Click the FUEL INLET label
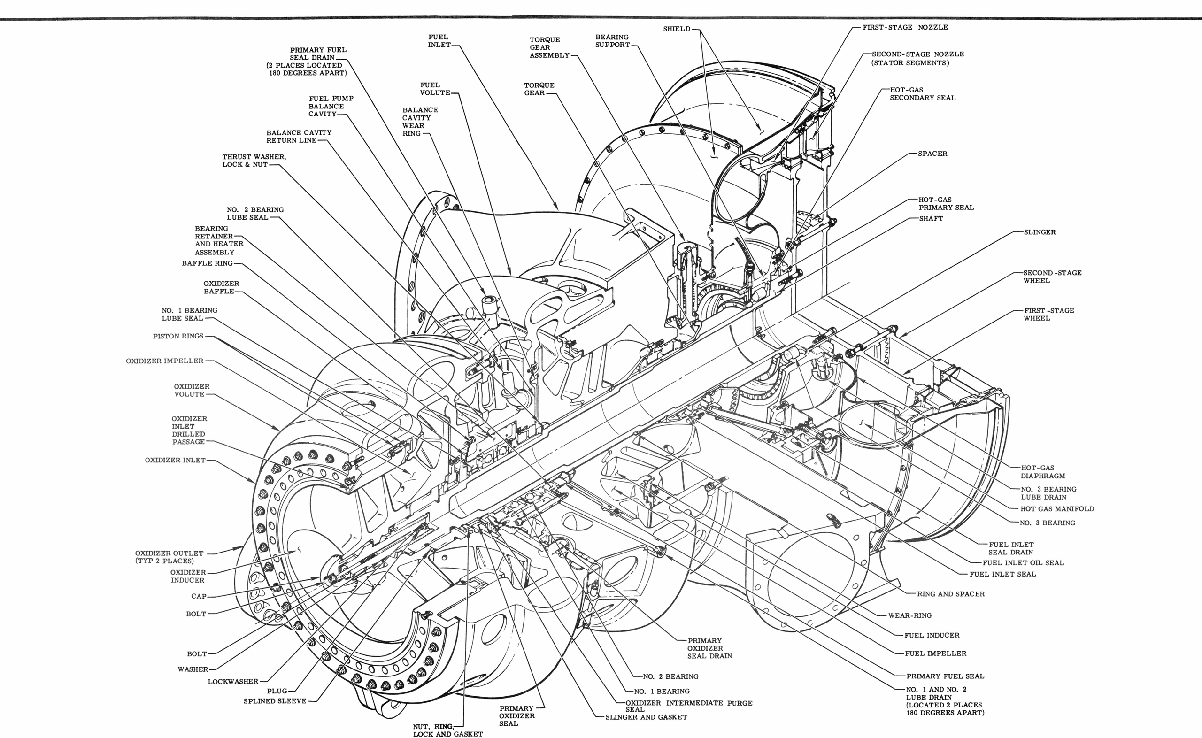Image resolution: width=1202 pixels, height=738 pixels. point(438,41)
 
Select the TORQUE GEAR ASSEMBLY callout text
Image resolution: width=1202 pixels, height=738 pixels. point(549,48)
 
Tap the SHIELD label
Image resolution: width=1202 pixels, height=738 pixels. point(677,29)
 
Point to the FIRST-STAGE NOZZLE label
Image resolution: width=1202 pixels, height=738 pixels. point(905,27)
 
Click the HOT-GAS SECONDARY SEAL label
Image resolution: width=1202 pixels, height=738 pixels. point(923,94)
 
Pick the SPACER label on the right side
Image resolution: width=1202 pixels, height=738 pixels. point(932,154)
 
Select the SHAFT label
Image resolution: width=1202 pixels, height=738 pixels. point(931,219)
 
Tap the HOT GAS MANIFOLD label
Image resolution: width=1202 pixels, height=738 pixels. point(1057,508)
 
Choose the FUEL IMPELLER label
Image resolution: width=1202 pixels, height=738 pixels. point(935,653)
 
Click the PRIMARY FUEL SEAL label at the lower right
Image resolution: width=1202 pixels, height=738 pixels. point(945,676)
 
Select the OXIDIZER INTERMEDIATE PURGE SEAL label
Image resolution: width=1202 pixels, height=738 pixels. point(689,706)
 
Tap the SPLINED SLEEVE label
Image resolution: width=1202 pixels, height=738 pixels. point(275,701)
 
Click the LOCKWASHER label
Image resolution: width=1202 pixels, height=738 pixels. point(233,681)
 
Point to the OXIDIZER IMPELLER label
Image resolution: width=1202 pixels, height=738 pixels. point(164,361)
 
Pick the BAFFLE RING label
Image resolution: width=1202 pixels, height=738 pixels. point(208,263)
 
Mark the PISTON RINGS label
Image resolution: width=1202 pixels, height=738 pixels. point(178,336)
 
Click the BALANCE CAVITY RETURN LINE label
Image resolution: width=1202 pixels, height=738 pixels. point(299,137)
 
